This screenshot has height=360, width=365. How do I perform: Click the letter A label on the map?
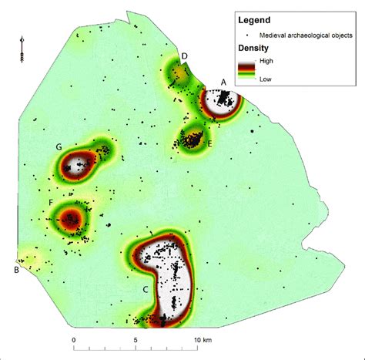click(x=223, y=82)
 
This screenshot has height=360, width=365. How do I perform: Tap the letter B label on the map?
click(x=16, y=269)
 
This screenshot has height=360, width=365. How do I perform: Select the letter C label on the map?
click(x=145, y=288)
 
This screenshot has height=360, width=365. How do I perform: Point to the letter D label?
click(x=185, y=56)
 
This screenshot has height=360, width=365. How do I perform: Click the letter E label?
click(x=209, y=143)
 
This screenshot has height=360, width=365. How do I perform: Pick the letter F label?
click(x=50, y=203)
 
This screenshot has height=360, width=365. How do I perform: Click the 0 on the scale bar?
click(x=74, y=339)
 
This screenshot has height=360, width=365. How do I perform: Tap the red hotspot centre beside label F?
click(x=71, y=219)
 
